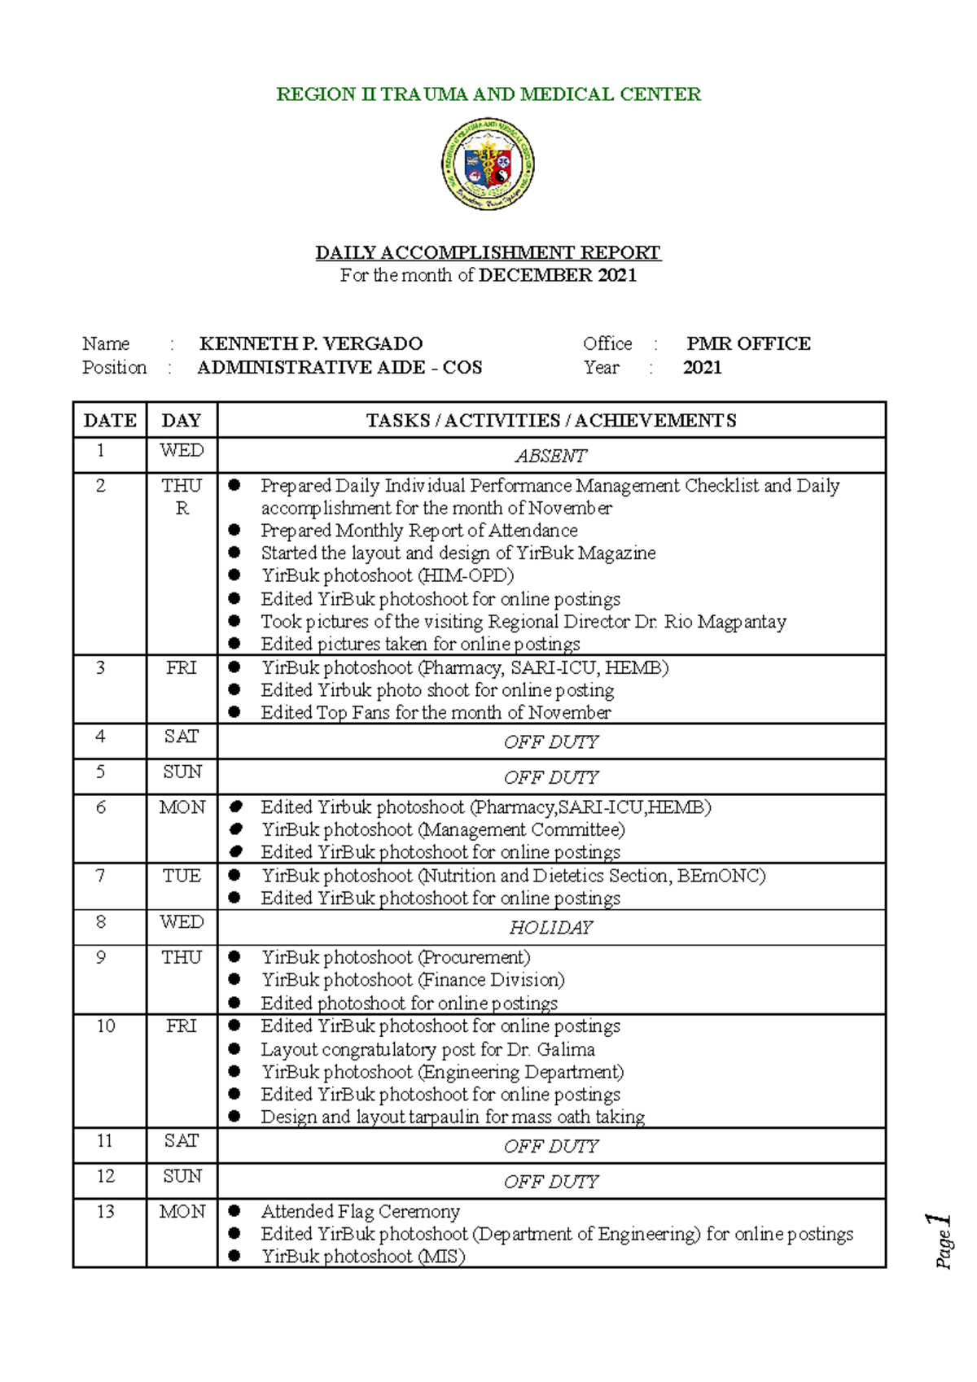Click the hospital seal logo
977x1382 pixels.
tap(488, 164)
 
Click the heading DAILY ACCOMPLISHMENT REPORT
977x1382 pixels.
tap(488, 252)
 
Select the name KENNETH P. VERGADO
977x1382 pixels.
tap(311, 343)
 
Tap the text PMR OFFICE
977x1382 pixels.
tap(748, 343)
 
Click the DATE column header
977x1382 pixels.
tap(110, 420)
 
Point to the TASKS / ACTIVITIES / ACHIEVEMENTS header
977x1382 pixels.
tap(551, 420)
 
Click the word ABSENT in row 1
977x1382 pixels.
tap(551, 456)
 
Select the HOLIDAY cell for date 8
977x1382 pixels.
tap(551, 927)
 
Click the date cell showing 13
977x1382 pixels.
tap(106, 1211)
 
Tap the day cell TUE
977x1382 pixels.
tap(182, 876)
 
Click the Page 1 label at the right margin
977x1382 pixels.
tap(941, 1240)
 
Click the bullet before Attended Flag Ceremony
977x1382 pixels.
tap(234, 1211)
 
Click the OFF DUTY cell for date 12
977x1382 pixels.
tap(551, 1181)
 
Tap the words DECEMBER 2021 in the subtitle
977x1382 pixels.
tap(558, 275)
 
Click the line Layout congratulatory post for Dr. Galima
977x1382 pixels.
tap(427, 1049)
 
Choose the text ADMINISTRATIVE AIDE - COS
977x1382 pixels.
tap(340, 367)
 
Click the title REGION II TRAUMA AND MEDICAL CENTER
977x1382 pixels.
tap(488, 94)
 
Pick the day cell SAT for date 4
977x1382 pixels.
tap(182, 737)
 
